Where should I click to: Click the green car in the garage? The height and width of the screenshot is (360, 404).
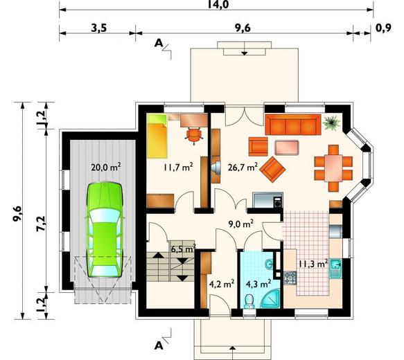click(x=104, y=230)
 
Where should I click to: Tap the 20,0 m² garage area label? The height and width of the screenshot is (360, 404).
click(x=106, y=168)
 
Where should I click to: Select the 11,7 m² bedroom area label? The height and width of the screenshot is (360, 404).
click(x=178, y=168)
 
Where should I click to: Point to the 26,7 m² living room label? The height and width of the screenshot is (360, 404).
click(x=243, y=168)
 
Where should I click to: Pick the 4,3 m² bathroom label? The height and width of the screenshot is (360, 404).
click(x=258, y=284)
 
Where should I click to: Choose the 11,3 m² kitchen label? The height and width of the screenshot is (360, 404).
click(x=313, y=264)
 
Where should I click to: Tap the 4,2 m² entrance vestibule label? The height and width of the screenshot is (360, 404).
click(x=222, y=284)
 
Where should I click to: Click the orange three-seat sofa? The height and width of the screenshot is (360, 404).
click(x=293, y=125)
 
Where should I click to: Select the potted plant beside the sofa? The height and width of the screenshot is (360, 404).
click(x=332, y=123)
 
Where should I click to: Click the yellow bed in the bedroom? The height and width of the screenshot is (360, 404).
click(x=157, y=136)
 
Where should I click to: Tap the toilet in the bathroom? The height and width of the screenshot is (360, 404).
click(x=249, y=301)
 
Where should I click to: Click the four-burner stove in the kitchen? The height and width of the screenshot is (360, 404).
click(x=290, y=278)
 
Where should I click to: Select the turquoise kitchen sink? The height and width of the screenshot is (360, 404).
click(x=335, y=269)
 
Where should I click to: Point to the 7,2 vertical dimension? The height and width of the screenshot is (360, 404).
click(x=41, y=223)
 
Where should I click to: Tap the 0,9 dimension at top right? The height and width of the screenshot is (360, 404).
click(x=383, y=27)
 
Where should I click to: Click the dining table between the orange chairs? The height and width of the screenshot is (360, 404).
click(x=333, y=168)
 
